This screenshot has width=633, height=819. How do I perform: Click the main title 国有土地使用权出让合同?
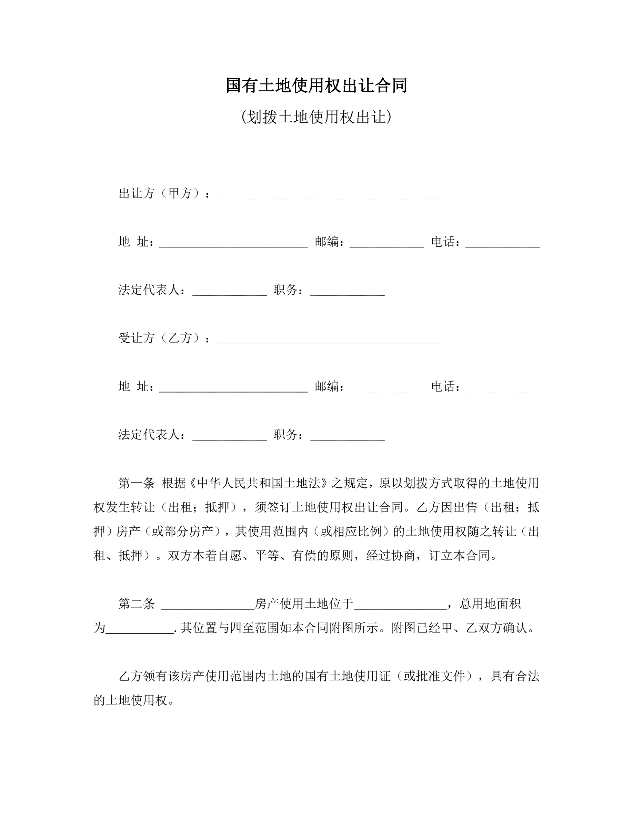[x=316, y=85]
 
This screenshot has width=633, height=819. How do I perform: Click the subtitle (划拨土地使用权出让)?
[x=316, y=117]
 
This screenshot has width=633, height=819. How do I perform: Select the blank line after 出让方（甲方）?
[x=329, y=195]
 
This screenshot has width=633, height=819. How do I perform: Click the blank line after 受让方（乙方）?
[x=329, y=340]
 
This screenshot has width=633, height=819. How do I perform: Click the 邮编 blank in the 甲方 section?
[x=386, y=243]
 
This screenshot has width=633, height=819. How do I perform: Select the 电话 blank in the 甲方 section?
[x=502, y=243]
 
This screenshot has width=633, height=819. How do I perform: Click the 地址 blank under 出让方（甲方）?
[x=233, y=243]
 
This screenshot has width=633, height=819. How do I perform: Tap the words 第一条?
[x=136, y=483]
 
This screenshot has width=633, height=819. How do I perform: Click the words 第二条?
[x=136, y=604]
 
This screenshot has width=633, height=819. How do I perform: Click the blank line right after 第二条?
[x=208, y=606]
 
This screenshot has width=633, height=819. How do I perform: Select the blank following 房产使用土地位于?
[x=400, y=606]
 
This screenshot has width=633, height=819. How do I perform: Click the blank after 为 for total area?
[x=140, y=630]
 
